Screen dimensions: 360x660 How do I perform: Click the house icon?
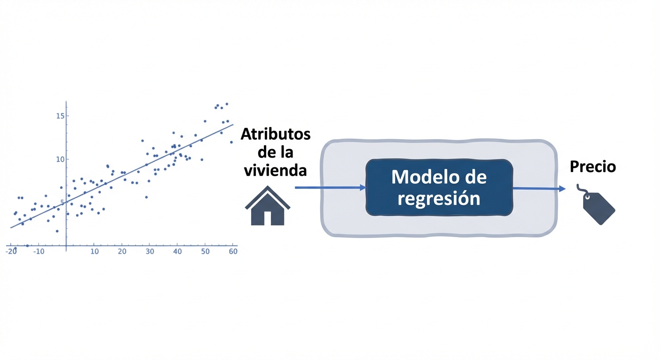pos(268,207)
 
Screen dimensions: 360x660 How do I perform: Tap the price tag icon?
pos(599,207)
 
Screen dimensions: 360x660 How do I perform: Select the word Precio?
pos(592,167)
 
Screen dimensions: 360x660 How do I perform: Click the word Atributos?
pos(276,135)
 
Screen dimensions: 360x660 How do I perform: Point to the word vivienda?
pos(276,170)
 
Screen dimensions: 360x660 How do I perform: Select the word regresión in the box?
pos(439,198)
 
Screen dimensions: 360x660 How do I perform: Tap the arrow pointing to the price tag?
pos(539,188)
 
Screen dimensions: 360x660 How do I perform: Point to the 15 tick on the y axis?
pos(60,116)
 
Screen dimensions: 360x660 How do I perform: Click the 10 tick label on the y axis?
pos(60,159)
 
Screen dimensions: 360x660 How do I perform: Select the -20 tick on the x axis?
pos(10,251)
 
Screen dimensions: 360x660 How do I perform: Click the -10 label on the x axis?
pos(38,251)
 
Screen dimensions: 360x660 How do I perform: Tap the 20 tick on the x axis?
pos(122,251)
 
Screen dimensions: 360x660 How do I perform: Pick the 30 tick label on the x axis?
pos(150,251)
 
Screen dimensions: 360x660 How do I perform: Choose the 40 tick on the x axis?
pos(178,251)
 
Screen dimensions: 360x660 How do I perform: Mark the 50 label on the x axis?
pos(205,251)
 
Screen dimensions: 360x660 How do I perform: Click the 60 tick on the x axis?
pos(233,251)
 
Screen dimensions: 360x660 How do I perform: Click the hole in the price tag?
pos(588,199)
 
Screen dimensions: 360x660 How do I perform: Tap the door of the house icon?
pos(268,218)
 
